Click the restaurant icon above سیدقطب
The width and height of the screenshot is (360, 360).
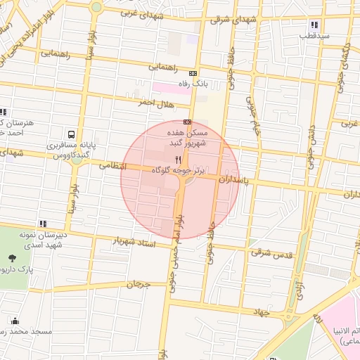pos(314,25)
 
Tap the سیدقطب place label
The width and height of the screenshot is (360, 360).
pos(313,34)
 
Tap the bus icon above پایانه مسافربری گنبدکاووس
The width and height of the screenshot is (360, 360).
pos(71,134)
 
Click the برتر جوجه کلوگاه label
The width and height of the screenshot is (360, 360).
pos(178,171)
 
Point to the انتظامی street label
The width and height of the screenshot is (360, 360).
pos(112,167)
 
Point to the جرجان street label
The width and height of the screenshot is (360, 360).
pos(139,285)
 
